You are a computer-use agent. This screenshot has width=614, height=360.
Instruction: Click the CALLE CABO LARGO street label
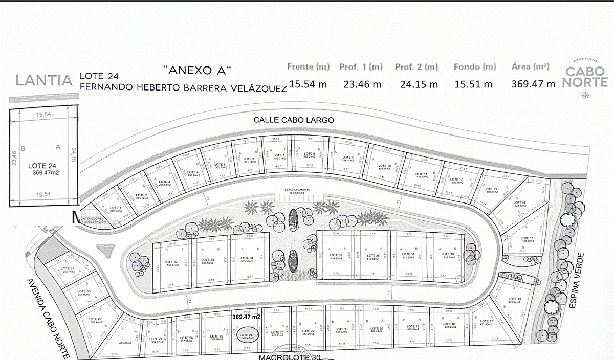294,120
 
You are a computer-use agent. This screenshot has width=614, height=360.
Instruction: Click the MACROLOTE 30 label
289,356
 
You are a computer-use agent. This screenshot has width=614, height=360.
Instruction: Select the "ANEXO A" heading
197,69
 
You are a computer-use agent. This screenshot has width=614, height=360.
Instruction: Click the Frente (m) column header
308,66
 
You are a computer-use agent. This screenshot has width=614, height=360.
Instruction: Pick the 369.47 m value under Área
533,84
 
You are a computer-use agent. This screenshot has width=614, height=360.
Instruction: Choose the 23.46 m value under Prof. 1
362,84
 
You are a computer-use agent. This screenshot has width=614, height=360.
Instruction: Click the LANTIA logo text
43,80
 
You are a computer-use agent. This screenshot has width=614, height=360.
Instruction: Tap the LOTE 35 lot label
336,256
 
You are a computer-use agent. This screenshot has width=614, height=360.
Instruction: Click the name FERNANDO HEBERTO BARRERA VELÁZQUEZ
183,87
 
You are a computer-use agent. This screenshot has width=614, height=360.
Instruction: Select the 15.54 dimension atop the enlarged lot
43,116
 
